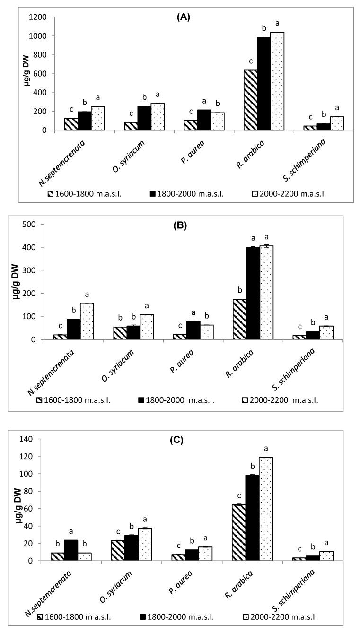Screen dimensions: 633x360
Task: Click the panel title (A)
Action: [185, 17]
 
